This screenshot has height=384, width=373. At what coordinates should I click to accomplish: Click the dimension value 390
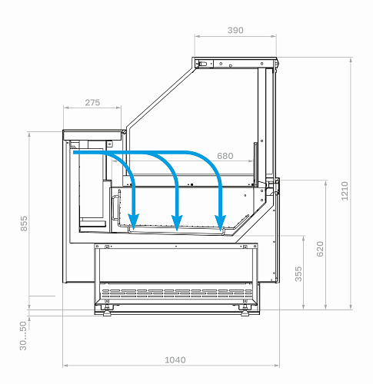pyautogui.click(x=235, y=30)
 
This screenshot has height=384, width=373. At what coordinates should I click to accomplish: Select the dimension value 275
pyautogui.click(x=92, y=103)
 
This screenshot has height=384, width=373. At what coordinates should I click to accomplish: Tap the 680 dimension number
pyautogui.click(x=225, y=156)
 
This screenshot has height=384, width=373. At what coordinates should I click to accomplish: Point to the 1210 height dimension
pyautogui.click(x=345, y=191)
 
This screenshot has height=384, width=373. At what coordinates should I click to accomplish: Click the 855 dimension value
pyautogui.click(x=24, y=223)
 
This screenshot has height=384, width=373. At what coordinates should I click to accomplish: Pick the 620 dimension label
pyautogui.click(x=320, y=249)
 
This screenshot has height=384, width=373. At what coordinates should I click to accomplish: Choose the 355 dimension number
pyautogui.click(x=298, y=274)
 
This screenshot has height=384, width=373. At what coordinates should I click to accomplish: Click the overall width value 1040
pyautogui.click(x=175, y=360)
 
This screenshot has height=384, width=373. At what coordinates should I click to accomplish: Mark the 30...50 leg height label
pyautogui.click(x=23, y=336)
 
